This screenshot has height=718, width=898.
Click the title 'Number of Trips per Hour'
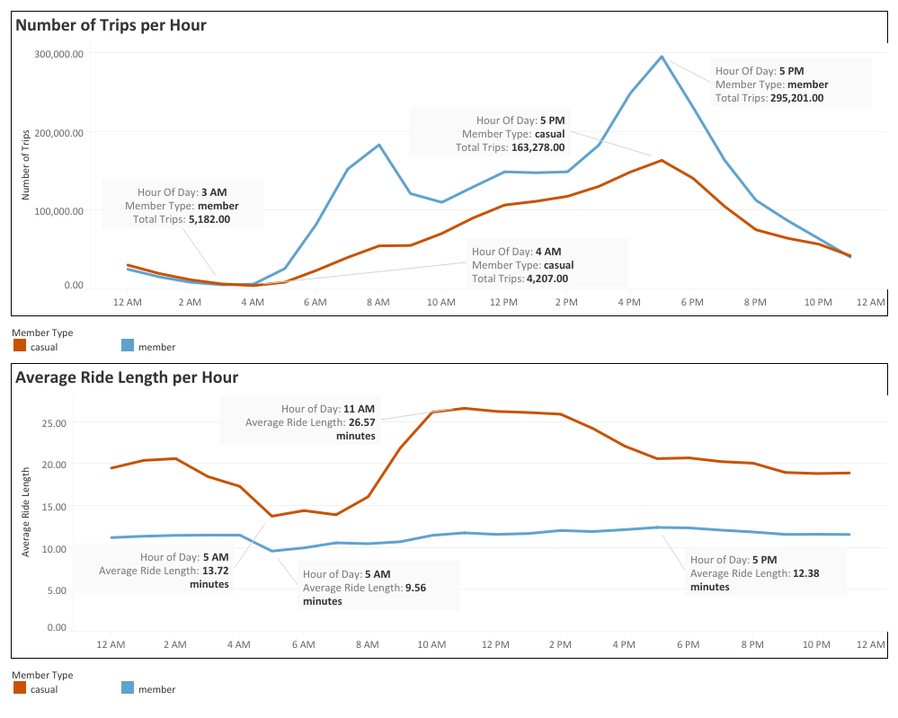click(111, 25)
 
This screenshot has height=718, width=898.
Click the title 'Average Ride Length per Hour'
click(127, 377)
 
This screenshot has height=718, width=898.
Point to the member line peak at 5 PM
click(662, 57)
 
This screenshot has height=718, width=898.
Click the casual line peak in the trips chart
click(662, 160)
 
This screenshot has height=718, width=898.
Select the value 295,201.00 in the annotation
click(792, 98)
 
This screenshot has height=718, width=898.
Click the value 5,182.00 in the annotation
click(209, 218)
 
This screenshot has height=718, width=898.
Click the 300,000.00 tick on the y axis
click(60, 54)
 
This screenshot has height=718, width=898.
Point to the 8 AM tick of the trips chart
click(378, 303)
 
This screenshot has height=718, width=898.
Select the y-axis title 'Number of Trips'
click(26, 164)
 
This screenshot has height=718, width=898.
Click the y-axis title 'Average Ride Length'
click(26, 511)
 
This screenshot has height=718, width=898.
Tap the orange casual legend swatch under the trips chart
click(20, 345)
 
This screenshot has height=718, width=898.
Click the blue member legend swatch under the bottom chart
click(127, 688)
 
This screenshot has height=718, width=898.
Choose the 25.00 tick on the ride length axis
click(55, 422)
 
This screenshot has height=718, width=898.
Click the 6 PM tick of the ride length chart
click(688, 644)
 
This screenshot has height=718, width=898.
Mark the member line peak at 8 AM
click(378, 144)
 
